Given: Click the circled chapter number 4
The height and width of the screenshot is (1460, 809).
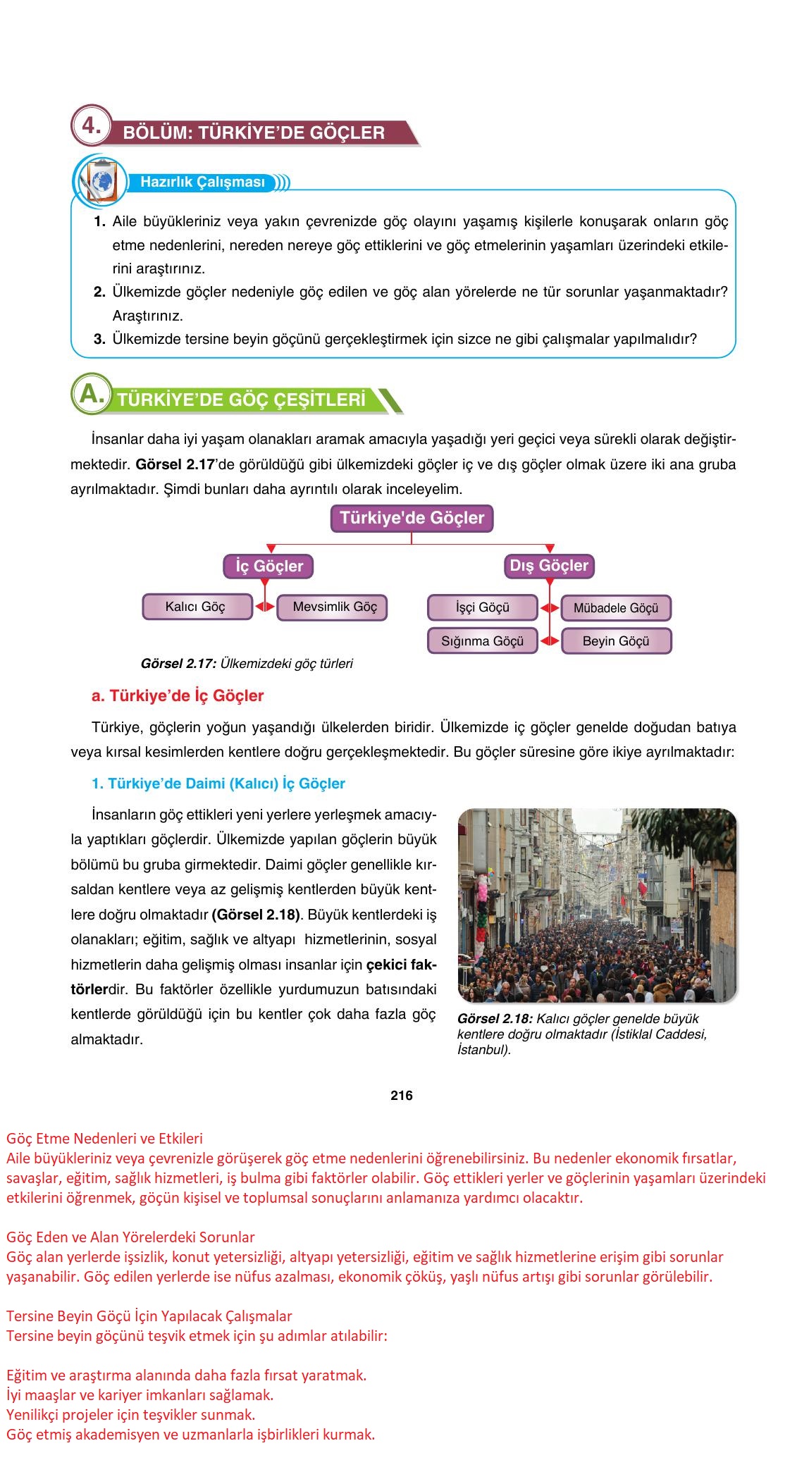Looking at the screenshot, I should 91,127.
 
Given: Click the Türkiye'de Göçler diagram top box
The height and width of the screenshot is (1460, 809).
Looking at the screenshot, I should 412,518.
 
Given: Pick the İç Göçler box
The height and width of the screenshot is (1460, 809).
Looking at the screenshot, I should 268,566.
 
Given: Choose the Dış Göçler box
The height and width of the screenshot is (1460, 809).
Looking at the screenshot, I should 549,565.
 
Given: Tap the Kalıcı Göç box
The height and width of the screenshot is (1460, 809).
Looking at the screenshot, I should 197,607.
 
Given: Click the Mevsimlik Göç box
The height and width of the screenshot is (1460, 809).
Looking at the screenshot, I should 334,607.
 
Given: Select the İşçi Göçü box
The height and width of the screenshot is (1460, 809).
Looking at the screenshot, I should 483,607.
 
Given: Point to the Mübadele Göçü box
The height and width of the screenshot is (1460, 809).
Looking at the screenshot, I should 615,608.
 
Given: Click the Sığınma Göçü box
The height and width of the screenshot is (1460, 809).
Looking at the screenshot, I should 483,641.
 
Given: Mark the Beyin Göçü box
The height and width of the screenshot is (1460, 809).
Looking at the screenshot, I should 615,641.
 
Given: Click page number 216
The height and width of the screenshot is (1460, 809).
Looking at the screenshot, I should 401,1095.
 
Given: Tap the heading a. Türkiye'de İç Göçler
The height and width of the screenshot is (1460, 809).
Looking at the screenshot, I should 178,695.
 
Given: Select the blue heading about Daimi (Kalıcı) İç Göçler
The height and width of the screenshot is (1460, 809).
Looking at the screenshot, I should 218,784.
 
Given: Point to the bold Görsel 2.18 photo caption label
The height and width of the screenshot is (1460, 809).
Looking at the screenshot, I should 495,1019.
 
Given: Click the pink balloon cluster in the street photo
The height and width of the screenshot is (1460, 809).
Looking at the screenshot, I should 482,891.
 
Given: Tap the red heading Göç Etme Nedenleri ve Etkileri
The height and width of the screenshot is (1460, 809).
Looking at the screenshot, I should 104,1138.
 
